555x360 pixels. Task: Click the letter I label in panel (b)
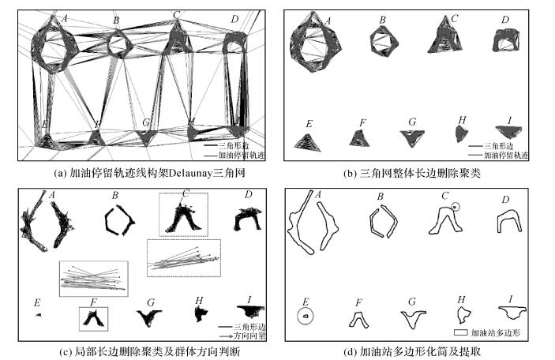click(509, 121)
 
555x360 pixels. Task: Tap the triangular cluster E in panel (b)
click(307, 141)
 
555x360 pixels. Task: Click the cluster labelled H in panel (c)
click(200, 314)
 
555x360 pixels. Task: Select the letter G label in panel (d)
click(412, 302)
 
